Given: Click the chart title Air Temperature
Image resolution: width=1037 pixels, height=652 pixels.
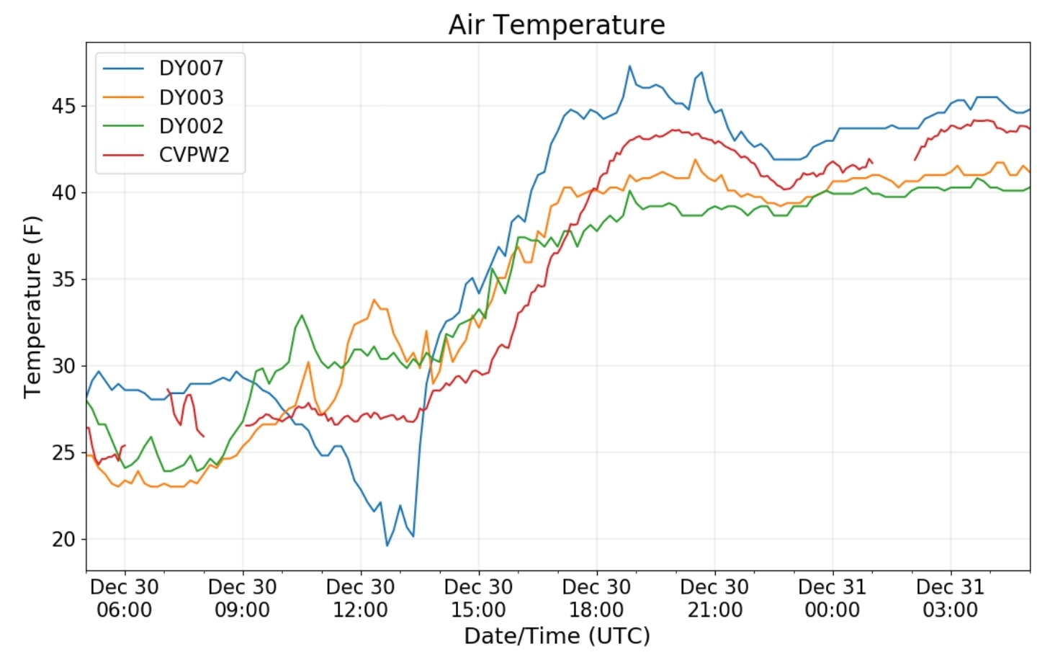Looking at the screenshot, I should (x=557, y=24).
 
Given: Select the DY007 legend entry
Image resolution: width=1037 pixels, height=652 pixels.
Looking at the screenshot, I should (x=191, y=68).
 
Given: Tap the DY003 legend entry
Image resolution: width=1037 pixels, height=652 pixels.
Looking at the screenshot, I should (x=191, y=97).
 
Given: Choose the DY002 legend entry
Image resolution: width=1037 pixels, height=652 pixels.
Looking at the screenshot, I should (x=191, y=126).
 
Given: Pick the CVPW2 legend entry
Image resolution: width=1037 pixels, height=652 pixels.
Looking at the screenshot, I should (x=194, y=155).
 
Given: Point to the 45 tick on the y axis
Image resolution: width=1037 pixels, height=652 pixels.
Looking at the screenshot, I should (x=63, y=106).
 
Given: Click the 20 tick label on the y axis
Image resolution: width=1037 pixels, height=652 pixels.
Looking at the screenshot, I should (x=63, y=539).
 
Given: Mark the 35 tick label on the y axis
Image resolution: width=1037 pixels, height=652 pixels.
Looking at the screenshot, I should (x=63, y=280).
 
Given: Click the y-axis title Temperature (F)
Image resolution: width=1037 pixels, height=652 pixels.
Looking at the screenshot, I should (x=32, y=307).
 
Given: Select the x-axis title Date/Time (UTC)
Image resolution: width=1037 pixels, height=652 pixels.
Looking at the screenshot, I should (x=557, y=635).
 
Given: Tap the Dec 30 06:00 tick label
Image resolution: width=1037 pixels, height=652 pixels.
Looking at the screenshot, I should (x=125, y=598).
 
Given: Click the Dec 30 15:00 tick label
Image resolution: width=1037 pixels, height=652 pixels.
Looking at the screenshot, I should (x=478, y=598).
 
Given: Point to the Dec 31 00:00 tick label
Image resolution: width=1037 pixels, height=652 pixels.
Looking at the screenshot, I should (x=832, y=598).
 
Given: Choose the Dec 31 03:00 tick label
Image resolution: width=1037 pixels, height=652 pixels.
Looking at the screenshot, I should (x=950, y=598).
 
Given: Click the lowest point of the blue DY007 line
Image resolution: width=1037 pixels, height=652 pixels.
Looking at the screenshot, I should (x=387, y=545).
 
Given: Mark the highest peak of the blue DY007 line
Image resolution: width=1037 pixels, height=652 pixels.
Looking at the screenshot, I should (x=629, y=66).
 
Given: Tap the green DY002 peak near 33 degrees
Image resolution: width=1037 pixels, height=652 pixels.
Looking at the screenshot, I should (x=302, y=315).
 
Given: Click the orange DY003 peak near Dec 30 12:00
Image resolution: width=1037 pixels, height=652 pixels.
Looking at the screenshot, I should (x=374, y=300).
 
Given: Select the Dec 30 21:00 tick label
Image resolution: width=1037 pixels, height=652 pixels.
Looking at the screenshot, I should (x=714, y=598).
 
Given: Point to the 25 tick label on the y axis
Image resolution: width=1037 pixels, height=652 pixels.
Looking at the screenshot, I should (x=63, y=452).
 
